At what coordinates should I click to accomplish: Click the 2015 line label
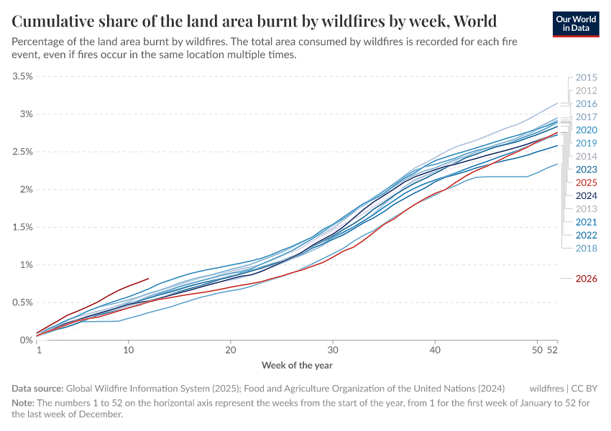pyautogui.click(x=587, y=78)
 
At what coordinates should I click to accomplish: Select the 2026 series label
pyautogui.click(x=587, y=279)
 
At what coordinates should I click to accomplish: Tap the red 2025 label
pyautogui.click(x=587, y=182)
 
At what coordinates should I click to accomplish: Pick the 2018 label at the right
pyautogui.click(x=587, y=248)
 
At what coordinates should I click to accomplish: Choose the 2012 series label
pyautogui.click(x=587, y=91)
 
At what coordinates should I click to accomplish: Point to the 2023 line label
pyautogui.click(x=587, y=170)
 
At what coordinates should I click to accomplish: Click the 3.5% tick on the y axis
pyautogui.click(x=23, y=76)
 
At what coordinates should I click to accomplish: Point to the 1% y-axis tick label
pyautogui.click(x=26, y=264)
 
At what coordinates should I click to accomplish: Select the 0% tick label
pyautogui.click(x=26, y=340)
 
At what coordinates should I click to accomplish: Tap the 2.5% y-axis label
pyautogui.click(x=23, y=152)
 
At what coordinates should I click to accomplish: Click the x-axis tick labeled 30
pyautogui.click(x=333, y=350)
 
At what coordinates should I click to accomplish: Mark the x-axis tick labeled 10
pyautogui.click(x=128, y=350)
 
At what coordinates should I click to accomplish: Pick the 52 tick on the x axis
pyautogui.click(x=552, y=350)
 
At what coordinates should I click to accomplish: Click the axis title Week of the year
pyautogui.click(x=297, y=366)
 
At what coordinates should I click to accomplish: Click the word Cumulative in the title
pyautogui.click(x=54, y=20)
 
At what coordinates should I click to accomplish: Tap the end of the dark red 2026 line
pyautogui.click(x=148, y=279)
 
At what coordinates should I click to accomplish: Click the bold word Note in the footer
pyautogui.click(x=24, y=402)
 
